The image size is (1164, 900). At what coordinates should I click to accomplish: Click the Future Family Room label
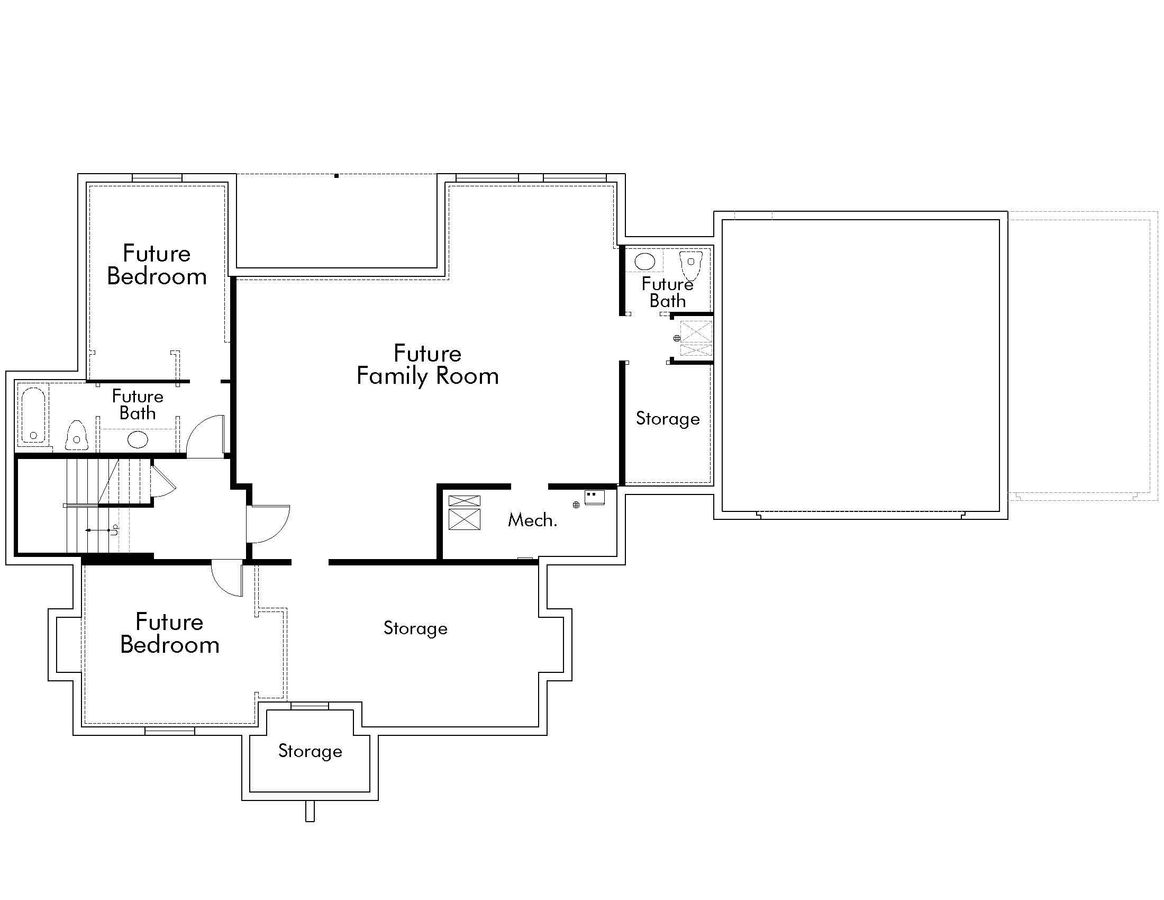click(428, 365)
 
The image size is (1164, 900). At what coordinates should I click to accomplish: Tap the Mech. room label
click(532, 520)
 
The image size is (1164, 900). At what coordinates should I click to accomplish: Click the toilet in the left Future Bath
click(77, 435)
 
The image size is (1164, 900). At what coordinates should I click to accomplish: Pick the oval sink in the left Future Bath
click(138, 440)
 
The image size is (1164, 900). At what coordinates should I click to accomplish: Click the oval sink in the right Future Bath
click(644, 262)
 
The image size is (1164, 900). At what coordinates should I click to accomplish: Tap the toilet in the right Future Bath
click(690, 265)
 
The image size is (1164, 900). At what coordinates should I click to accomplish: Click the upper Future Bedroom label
click(157, 265)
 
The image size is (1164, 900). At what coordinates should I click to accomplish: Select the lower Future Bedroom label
click(169, 633)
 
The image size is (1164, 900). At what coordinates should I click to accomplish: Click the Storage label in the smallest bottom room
click(310, 751)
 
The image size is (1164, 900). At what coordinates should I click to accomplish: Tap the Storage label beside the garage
click(667, 419)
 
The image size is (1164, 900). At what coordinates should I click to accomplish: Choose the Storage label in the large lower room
click(415, 628)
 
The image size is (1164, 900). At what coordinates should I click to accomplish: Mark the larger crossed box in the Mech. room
click(464, 519)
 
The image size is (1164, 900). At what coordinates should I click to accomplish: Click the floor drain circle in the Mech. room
click(576, 505)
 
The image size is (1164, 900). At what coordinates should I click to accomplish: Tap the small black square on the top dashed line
click(337, 176)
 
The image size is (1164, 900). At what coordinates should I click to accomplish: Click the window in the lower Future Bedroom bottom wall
click(170, 731)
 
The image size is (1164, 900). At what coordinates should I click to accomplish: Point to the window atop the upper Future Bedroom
click(157, 177)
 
